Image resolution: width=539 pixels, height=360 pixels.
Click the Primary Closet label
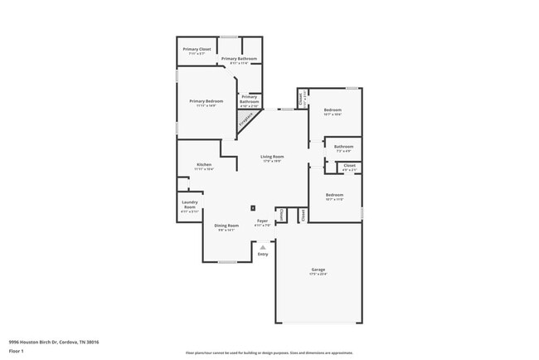(197, 50)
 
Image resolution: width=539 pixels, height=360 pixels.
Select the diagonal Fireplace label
(246, 121)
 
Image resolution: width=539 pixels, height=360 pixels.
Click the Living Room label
(272, 157)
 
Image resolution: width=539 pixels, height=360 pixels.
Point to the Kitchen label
(204, 165)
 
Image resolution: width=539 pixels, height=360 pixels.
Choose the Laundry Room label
(189, 205)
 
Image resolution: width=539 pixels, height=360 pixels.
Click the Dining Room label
(226, 226)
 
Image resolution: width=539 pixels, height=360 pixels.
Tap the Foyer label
(262, 221)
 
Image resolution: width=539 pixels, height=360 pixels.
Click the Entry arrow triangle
(263, 246)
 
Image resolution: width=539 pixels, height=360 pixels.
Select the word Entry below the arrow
(263, 254)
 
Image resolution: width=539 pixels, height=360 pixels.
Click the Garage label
(318, 270)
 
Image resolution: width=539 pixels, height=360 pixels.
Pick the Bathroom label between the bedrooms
(343, 147)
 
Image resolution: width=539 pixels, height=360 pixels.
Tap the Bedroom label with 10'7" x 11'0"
(334, 196)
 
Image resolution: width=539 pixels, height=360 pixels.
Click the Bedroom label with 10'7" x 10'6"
(333, 110)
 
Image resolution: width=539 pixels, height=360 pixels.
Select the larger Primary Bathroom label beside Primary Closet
(239, 59)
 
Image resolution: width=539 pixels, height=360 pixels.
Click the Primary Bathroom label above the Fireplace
(250, 99)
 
